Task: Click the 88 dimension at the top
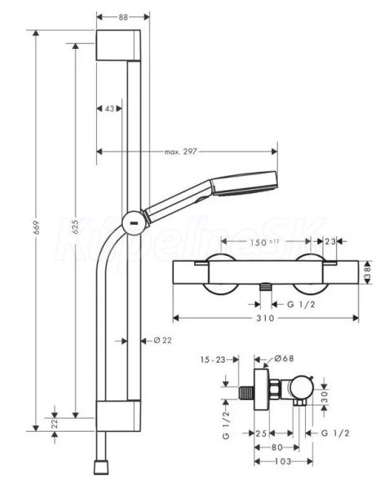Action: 123,17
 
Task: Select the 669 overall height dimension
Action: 38,227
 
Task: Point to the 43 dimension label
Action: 109,108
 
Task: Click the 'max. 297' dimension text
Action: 181,152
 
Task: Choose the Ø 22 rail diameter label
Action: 163,340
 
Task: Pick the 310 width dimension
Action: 265,318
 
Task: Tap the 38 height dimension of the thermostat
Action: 369,273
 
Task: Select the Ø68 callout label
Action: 285,359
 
